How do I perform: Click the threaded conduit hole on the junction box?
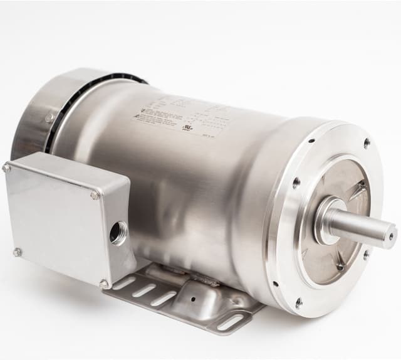pos(117,233)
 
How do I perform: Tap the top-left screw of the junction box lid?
pos(6,167)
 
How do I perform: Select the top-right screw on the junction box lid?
pos(95,195)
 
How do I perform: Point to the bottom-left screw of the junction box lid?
pos(18,252)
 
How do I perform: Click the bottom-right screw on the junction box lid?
pos(103,283)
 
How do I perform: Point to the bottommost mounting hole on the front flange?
pos(298,302)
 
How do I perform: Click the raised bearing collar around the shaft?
pos(327,221)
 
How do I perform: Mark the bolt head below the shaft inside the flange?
pos(339,266)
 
